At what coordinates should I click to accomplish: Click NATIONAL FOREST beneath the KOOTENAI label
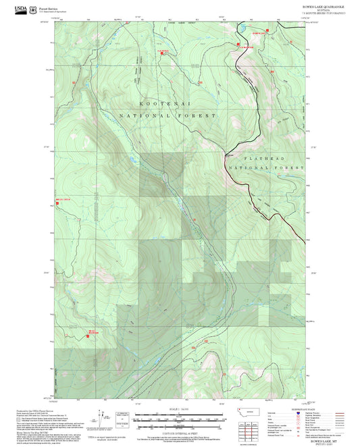tap(168, 116)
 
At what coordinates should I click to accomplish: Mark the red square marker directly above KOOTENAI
tap(162, 51)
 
